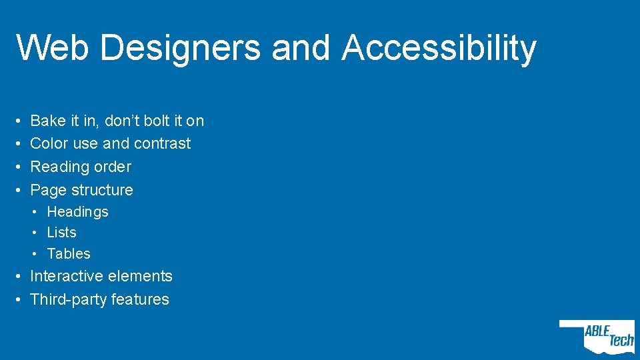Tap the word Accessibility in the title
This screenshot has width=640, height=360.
click(439, 48)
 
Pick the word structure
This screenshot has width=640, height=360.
click(101, 190)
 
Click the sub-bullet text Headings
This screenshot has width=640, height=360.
click(77, 212)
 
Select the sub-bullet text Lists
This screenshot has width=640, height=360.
click(62, 233)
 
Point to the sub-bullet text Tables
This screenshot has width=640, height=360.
click(69, 254)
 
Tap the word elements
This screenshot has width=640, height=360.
click(143, 276)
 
